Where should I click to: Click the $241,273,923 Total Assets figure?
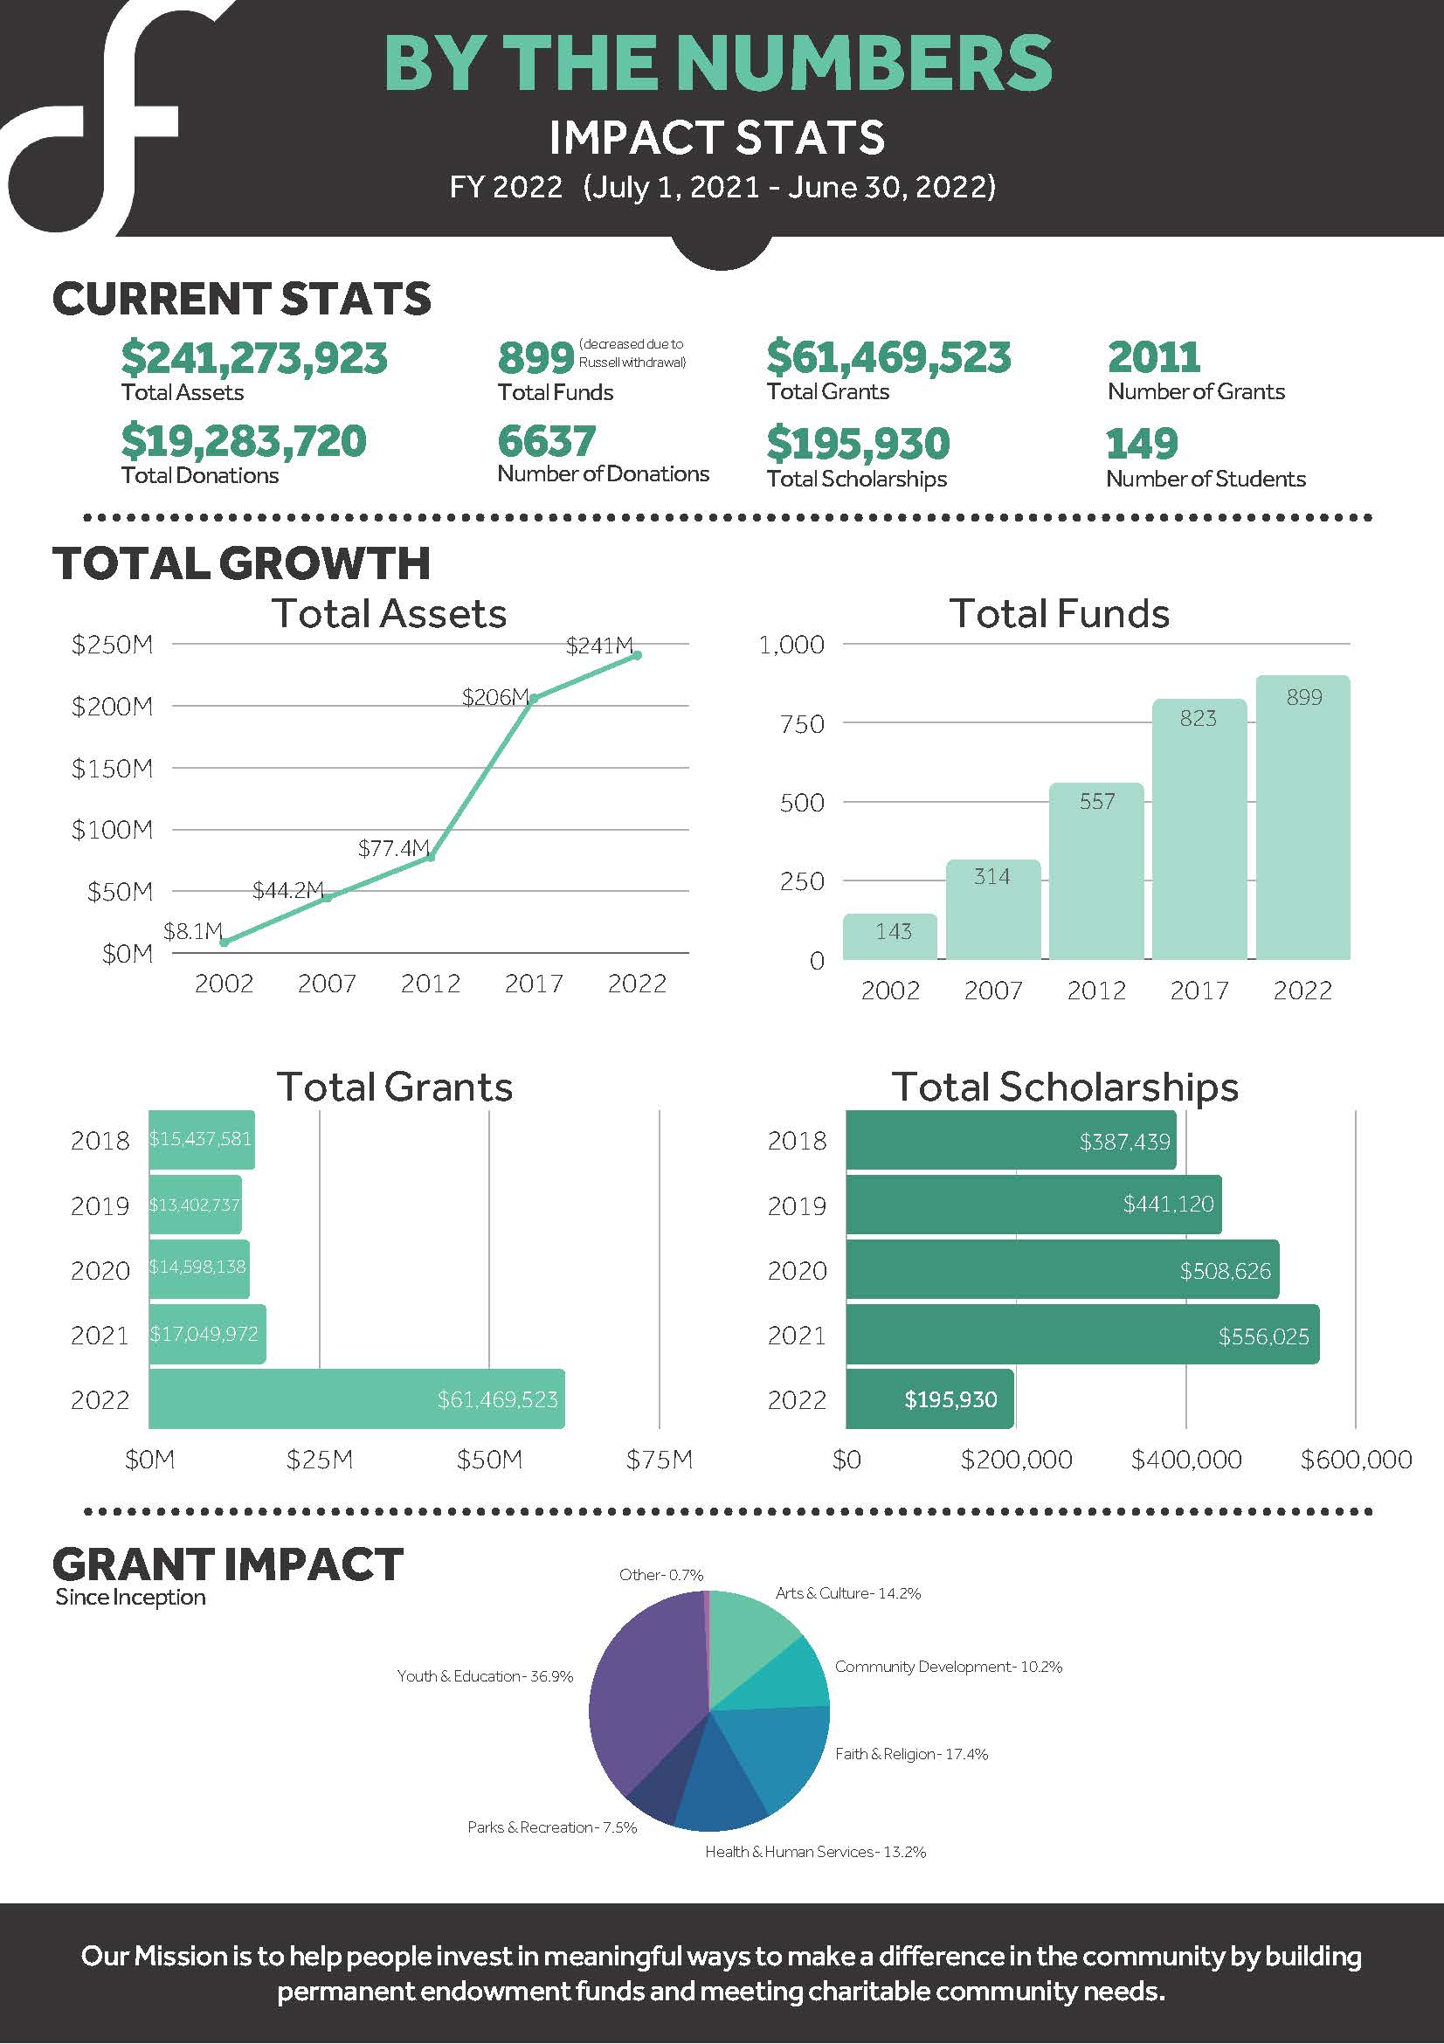[253, 358]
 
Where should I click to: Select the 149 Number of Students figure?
[1142, 444]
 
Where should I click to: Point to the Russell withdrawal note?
[632, 353]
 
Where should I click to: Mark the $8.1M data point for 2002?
[225, 942]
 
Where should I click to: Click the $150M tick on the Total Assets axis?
[112, 769]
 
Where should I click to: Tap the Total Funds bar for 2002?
[889, 936]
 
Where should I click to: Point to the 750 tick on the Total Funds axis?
[801, 724]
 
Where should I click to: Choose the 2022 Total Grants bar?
[356, 1399]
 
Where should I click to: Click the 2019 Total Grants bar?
[195, 1205]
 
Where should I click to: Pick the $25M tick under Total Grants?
[320, 1460]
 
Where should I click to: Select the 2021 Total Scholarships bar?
[1081, 1335]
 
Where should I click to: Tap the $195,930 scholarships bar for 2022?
[929, 1399]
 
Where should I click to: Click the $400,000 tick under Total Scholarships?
[1185, 1460]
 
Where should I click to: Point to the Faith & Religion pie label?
[911, 1754]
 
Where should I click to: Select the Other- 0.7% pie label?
[660, 1575]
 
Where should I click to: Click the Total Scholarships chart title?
[1065, 1087]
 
